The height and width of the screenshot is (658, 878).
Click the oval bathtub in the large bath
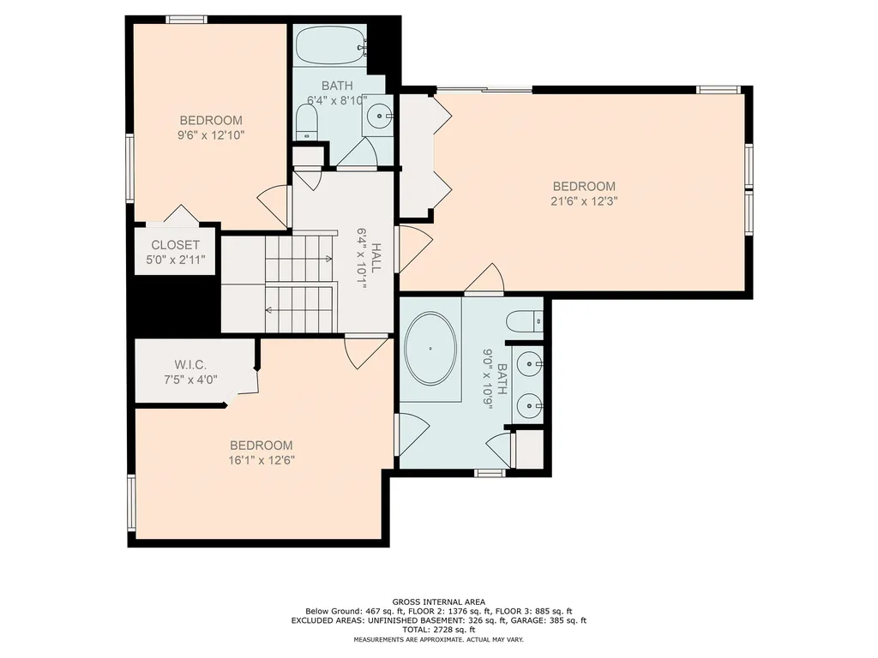[x=430, y=350]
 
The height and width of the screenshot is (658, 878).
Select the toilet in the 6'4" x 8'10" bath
[x=306, y=127]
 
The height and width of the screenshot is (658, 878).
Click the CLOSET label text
[x=176, y=245]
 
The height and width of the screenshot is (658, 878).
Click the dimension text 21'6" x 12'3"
[x=584, y=201]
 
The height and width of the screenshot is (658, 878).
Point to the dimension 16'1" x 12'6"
[x=262, y=460]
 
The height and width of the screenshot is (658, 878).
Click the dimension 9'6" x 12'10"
[x=210, y=135]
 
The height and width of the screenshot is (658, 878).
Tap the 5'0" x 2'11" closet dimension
[x=176, y=259]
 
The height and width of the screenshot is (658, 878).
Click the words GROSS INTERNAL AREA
[x=438, y=602]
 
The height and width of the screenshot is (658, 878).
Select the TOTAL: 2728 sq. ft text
[x=438, y=630]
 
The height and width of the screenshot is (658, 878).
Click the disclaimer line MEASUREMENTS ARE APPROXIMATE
[x=438, y=640]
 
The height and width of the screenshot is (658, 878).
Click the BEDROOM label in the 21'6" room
[x=584, y=186]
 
